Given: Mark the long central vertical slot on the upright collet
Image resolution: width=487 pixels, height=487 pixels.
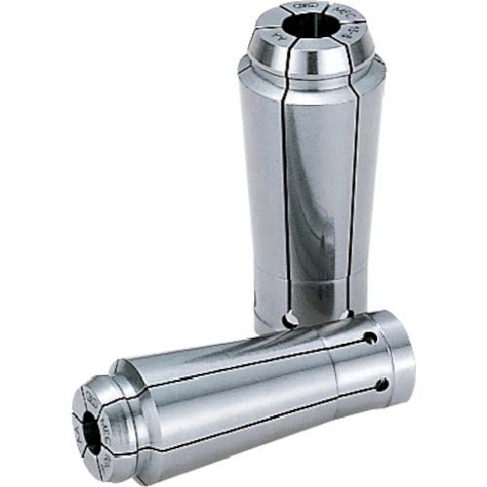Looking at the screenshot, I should (283, 195).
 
